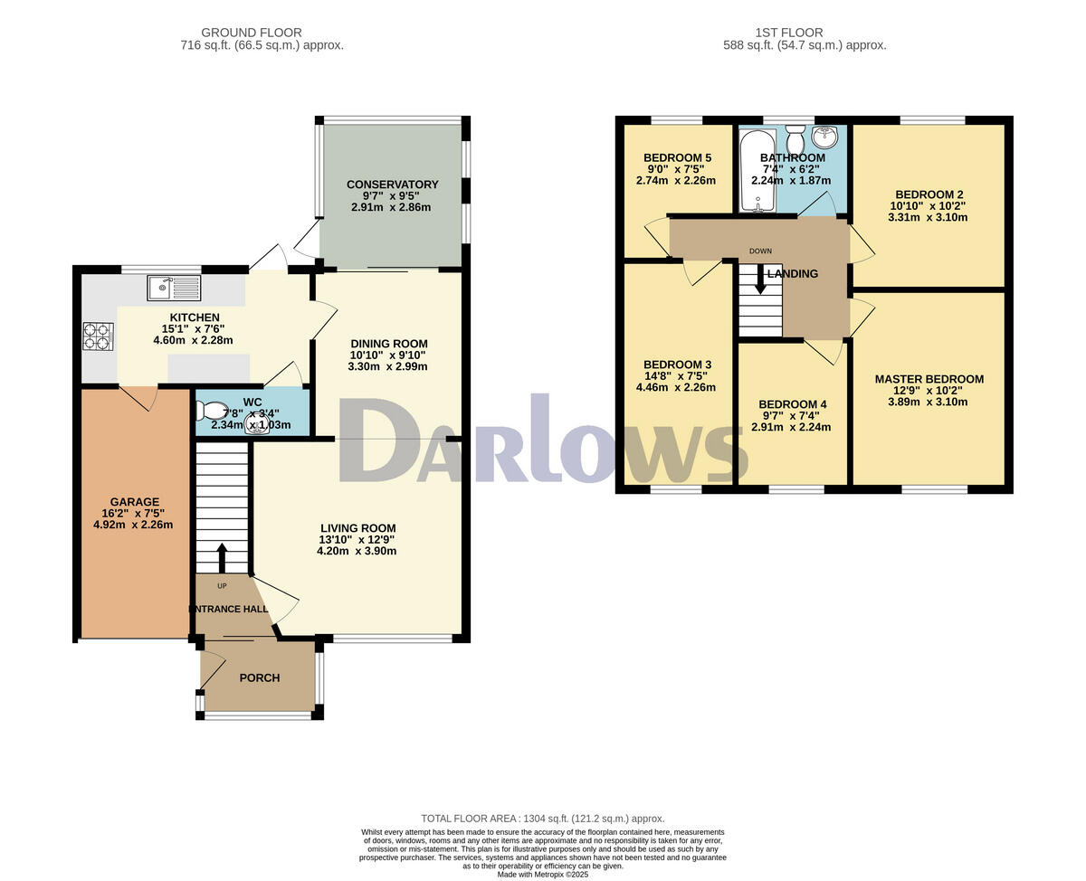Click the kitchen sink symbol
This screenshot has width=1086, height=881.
click(174, 288)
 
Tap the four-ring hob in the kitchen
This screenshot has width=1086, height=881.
click(98, 336)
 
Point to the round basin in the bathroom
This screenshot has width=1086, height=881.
click(825, 137)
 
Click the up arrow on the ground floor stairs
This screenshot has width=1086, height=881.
click(221, 554)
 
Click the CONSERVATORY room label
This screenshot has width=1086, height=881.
click(392, 185)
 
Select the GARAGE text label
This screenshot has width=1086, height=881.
click(135, 502)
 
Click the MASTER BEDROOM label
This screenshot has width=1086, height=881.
click(929, 379)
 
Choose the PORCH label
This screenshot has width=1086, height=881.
click(260, 677)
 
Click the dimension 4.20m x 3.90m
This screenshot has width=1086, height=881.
click(357, 551)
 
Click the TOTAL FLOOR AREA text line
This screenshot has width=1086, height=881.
click(542, 818)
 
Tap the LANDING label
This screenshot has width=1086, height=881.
click(793, 274)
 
